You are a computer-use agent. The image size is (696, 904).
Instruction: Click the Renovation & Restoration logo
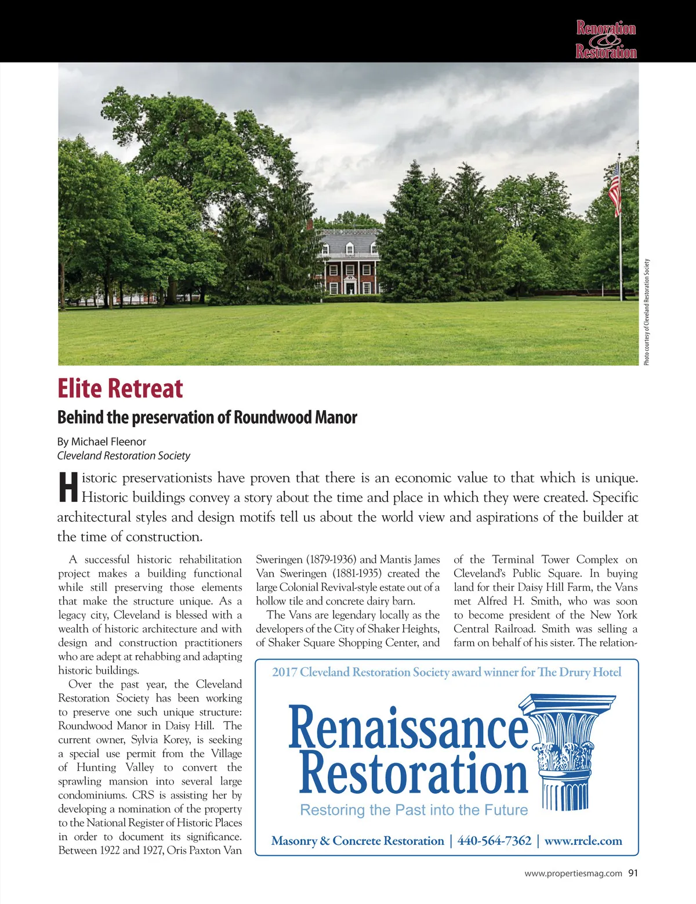coord(606,39)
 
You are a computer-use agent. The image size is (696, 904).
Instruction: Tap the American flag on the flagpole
coord(615,189)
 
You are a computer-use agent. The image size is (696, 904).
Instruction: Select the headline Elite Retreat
coord(120,389)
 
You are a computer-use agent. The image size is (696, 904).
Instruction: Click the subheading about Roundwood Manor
coord(207,417)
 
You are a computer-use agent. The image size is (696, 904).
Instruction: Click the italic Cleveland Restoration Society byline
coord(124,455)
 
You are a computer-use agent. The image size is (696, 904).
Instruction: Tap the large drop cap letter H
coord(68,487)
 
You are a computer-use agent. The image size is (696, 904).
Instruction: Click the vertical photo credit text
coord(647,312)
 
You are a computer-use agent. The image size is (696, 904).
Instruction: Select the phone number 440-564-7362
coord(494,841)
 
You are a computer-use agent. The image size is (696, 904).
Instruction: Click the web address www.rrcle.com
coord(583,841)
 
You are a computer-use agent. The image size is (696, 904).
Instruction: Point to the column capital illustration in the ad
coord(557,751)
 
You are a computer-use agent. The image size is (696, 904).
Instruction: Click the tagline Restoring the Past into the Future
coord(414,810)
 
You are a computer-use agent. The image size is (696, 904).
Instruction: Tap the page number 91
coord(633,873)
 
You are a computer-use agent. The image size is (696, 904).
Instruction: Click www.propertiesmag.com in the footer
coord(573,873)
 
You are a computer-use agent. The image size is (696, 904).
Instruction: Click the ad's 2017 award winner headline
coord(447,672)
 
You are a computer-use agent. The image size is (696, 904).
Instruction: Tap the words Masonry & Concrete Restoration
coord(357,841)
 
